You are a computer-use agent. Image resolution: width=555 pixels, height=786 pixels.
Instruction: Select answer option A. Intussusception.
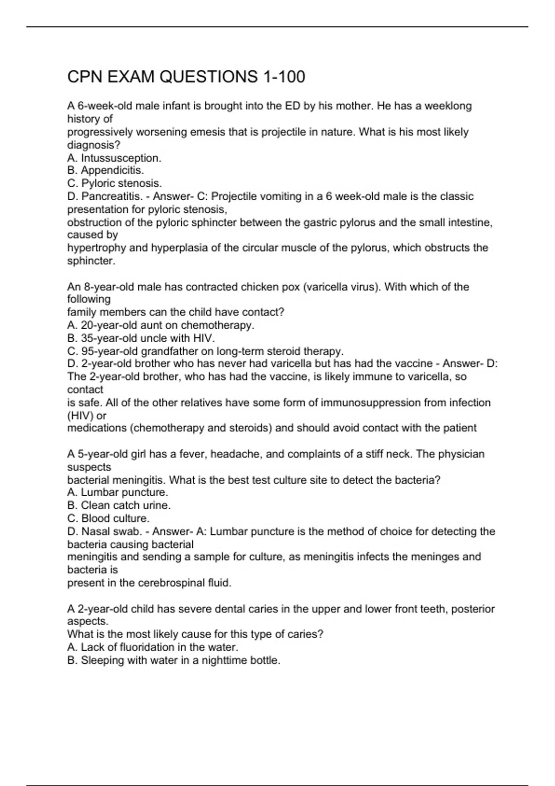[114, 158]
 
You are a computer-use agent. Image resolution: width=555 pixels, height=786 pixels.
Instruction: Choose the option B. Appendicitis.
[105, 171]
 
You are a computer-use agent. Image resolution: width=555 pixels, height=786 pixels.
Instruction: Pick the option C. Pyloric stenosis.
[115, 184]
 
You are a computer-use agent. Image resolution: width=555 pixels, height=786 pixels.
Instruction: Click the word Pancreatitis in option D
[111, 196]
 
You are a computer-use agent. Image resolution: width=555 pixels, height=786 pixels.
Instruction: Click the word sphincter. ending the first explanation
[91, 261]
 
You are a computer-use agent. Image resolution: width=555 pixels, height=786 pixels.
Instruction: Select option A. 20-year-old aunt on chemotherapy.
[160, 325]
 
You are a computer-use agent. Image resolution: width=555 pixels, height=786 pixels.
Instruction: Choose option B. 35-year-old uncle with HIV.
[141, 338]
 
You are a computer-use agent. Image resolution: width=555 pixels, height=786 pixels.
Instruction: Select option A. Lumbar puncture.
[117, 492]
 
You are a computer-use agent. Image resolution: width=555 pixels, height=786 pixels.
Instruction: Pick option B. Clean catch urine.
[119, 505]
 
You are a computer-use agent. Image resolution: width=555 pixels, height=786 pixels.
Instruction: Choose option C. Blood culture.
[108, 518]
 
